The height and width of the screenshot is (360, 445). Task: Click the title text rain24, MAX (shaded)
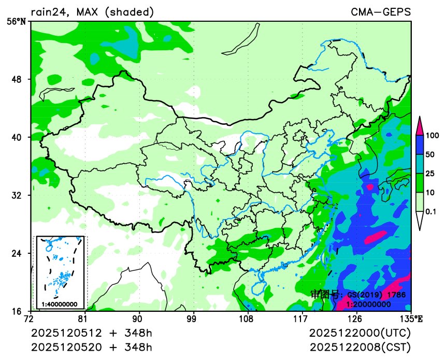coord(92,12)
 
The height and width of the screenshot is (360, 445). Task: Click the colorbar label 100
coord(432,136)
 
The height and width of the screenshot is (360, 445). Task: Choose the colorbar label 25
coord(430,174)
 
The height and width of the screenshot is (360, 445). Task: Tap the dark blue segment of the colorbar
coord(420,145)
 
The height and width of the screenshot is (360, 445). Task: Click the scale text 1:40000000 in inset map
coord(60,304)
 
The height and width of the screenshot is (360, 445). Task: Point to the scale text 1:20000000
coord(368,304)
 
